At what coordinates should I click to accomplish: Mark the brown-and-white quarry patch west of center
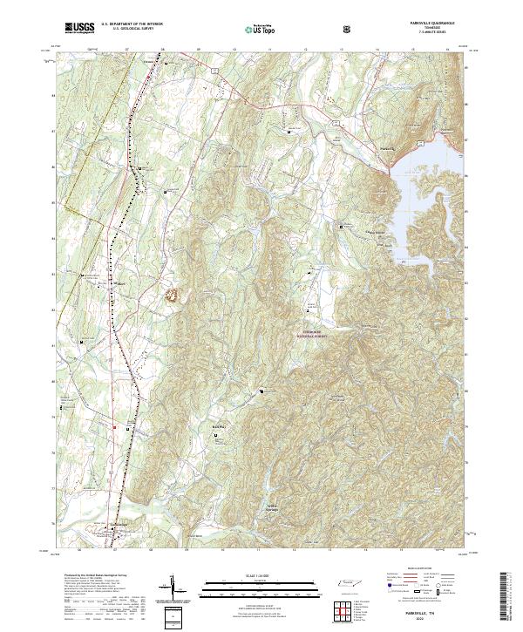pyautogui.click(x=174, y=296)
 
